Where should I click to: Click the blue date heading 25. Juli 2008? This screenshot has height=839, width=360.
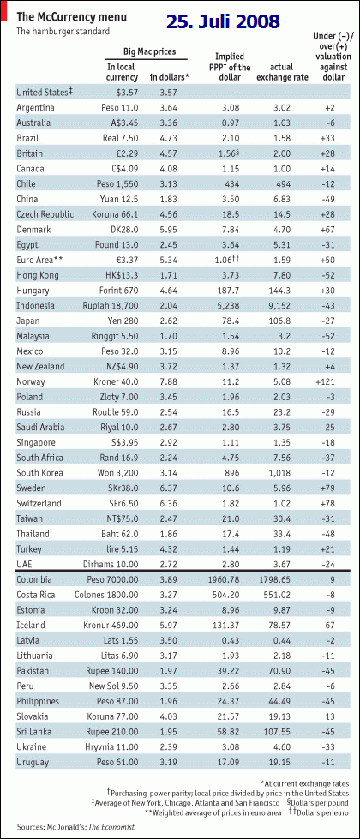click(x=222, y=21)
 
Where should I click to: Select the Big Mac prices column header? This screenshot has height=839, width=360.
click(x=149, y=52)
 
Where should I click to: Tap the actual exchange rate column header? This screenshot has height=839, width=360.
click(x=283, y=72)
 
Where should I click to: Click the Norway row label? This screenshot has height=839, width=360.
click(x=31, y=382)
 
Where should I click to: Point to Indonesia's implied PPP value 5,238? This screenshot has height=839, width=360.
click(x=232, y=306)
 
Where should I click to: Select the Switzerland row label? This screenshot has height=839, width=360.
click(x=39, y=504)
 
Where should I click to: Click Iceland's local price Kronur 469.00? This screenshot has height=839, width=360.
click(x=113, y=625)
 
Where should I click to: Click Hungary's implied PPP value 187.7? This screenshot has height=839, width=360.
click(x=232, y=291)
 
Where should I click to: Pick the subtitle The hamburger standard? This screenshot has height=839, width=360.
click(x=63, y=31)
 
